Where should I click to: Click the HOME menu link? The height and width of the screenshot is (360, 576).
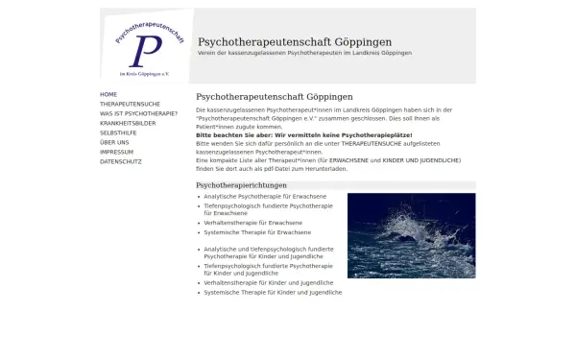(108, 94)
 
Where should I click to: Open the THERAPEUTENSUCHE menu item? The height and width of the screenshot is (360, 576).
(130, 103)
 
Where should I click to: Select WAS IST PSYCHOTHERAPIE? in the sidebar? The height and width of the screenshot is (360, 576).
(138, 111)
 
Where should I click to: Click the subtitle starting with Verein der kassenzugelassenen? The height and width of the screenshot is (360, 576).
(304, 53)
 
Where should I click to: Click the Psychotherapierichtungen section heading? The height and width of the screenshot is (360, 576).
(241, 185)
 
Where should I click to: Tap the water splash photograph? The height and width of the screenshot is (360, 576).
(411, 235)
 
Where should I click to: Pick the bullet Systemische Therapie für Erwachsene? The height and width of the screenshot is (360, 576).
(257, 232)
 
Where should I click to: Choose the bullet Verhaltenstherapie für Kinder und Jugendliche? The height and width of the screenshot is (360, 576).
(268, 283)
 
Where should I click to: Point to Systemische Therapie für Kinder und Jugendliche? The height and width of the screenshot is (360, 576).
(273, 292)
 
